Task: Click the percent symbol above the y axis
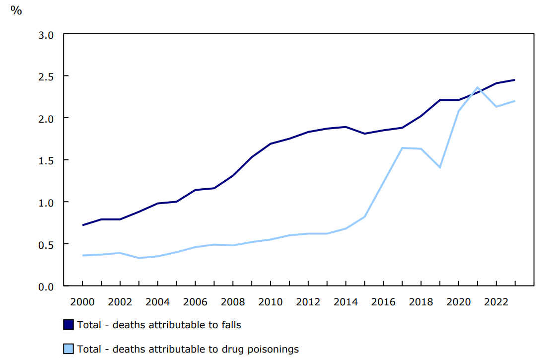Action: pyautogui.click(x=16, y=10)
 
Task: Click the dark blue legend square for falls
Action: pyautogui.click(x=69, y=325)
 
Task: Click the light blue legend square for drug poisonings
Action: pyautogui.click(x=69, y=349)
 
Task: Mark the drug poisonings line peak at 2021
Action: pyautogui.click(x=478, y=87)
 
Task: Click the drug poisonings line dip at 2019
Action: pyautogui.click(x=440, y=167)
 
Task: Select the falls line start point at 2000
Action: pyautogui.click(x=82, y=225)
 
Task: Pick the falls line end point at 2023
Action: pyautogui.click(x=515, y=80)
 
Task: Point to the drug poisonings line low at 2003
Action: pyautogui.click(x=139, y=258)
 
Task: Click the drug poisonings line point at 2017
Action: pyautogui.click(x=402, y=147)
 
